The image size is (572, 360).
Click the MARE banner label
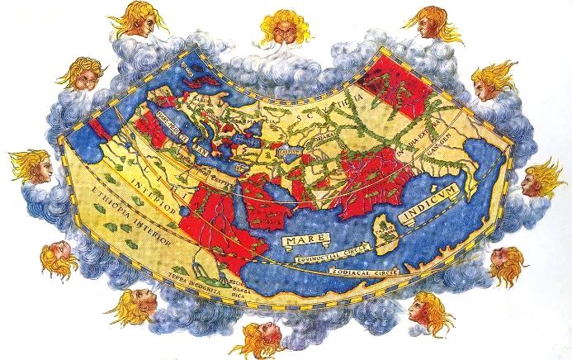[299, 239]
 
